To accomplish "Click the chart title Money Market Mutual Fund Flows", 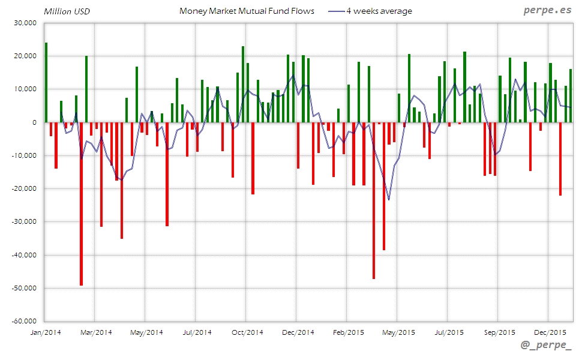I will pos(247,11).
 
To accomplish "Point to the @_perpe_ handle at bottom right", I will pos(547,347).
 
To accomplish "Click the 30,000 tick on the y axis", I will pos(25,23).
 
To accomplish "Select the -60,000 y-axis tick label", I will pos(23,321).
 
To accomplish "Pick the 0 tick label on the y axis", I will pos(34,122).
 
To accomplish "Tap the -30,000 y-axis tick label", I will pos(23,221).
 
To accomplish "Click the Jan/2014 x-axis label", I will pos(45,332).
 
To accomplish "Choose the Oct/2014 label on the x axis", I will pos(247,332).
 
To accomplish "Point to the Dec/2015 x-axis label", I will pos(550,332).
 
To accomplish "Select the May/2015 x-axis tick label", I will pos(398,332).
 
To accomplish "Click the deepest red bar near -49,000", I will pos(81,204).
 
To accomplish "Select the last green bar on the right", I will pos(571,96).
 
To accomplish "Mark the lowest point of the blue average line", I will pos(389,199).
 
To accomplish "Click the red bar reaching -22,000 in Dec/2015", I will pos(560,159).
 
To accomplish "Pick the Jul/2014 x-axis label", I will pos(197,332).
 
